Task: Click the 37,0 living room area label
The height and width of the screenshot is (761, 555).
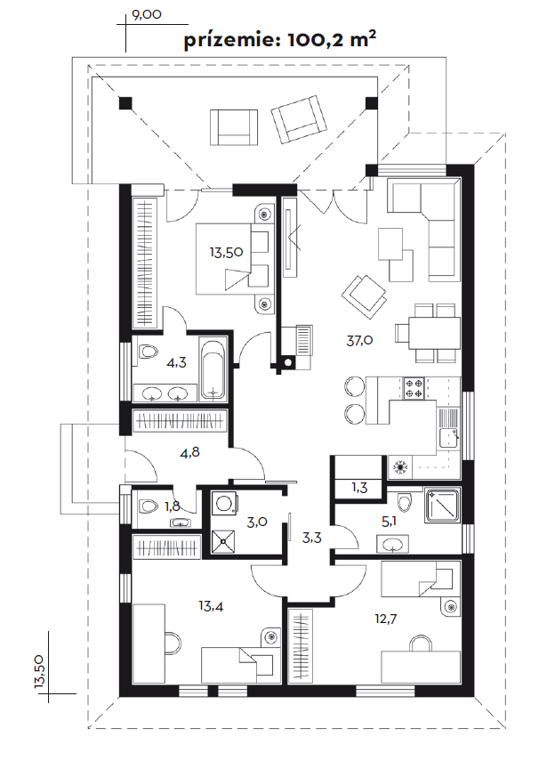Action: (x=359, y=340)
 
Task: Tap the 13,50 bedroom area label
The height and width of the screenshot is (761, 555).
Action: (x=226, y=253)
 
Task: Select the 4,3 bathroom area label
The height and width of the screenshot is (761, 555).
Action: (x=176, y=362)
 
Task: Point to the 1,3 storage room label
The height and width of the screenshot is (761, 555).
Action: (x=359, y=488)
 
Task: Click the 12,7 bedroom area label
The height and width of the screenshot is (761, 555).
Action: (x=386, y=619)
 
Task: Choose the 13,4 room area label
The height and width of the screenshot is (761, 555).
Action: (x=211, y=606)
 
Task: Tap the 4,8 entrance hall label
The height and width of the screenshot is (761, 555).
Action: (x=189, y=452)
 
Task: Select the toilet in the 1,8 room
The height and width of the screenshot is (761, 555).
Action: (x=148, y=506)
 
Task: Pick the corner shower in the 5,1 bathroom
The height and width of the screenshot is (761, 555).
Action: (x=442, y=506)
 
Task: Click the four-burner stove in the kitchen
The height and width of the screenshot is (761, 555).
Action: (x=414, y=388)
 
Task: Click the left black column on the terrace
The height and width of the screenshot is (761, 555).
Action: (x=125, y=103)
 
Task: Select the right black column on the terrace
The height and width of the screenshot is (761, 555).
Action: (x=371, y=103)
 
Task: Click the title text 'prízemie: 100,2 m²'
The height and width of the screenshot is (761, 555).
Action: (x=280, y=40)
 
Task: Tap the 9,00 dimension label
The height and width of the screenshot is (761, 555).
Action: (x=147, y=14)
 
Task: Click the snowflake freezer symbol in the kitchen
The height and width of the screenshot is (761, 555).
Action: (x=401, y=468)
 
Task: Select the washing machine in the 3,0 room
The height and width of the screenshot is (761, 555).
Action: (x=225, y=503)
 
